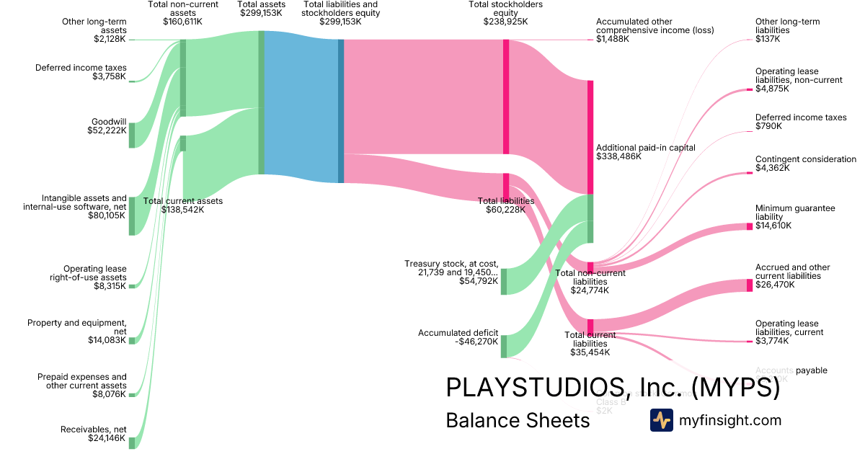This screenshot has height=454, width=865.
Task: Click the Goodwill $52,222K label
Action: point(108,126)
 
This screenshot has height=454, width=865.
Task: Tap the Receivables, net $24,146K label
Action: point(93,434)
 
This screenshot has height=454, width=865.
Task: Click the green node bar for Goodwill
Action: point(132,135)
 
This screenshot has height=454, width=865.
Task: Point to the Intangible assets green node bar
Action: point(132,215)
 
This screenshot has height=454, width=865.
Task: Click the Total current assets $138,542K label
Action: point(183,205)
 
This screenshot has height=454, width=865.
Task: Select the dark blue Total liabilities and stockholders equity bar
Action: point(341,111)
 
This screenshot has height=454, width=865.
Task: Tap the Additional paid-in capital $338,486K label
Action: point(645,151)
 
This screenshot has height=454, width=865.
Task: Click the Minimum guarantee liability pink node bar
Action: point(750,227)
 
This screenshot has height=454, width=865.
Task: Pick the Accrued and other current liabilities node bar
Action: point(750,285)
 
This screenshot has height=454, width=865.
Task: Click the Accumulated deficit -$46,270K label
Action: point(458,337)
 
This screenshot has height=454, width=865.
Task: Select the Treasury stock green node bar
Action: point(504,281)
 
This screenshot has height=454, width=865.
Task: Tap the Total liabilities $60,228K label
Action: point(505,205)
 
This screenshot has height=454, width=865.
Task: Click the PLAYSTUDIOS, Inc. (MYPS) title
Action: point(613,388)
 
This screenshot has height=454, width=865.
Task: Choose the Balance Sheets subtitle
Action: point(518,420)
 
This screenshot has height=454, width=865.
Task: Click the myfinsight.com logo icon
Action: point(661,420)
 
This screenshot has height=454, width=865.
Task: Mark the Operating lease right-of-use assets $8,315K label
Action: point(94,277)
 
